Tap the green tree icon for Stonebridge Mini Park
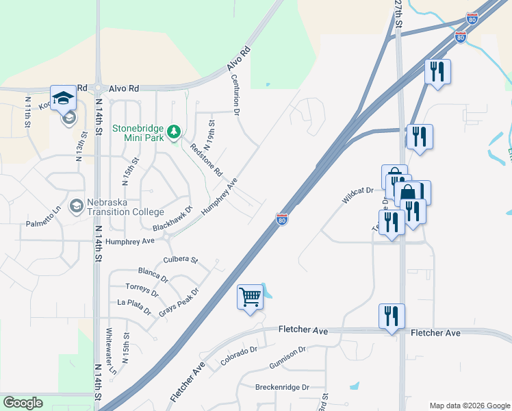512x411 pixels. [175, 130]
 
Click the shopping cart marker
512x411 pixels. [250, 297]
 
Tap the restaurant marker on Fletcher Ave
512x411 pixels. [392, 316]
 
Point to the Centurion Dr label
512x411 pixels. [235, 94]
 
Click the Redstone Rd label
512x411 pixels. [206, 160]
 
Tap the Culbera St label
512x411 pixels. [181, 260]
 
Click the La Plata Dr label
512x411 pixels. [134, 306]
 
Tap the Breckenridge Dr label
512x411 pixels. [281, 387]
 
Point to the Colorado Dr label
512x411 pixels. [238, 356]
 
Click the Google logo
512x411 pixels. [23, 403]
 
